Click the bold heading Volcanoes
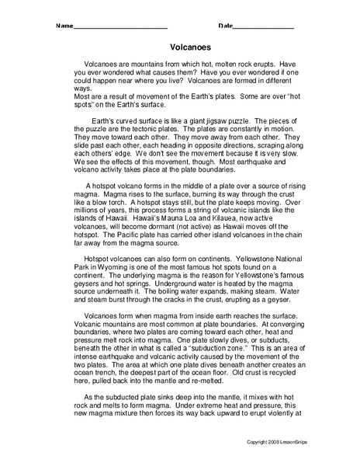pyautogui.click(x=180, y=47)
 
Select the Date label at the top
pyautogui.click(x=225, y=27)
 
